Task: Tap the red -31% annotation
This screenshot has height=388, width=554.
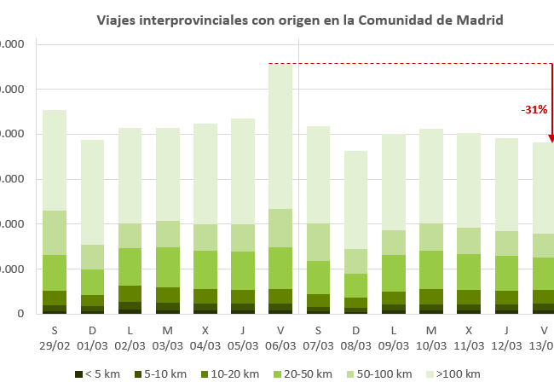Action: click(534, 110)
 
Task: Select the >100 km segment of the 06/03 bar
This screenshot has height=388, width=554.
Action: click(280, 136)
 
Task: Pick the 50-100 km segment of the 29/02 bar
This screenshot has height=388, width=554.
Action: click(55, 233)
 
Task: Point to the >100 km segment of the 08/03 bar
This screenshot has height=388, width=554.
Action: click(356, 200)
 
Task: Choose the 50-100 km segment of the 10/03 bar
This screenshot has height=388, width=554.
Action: click(431, 237)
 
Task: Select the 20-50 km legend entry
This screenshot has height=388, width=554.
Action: click(307, 374)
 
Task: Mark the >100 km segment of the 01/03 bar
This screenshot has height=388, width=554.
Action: click(92, 192)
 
